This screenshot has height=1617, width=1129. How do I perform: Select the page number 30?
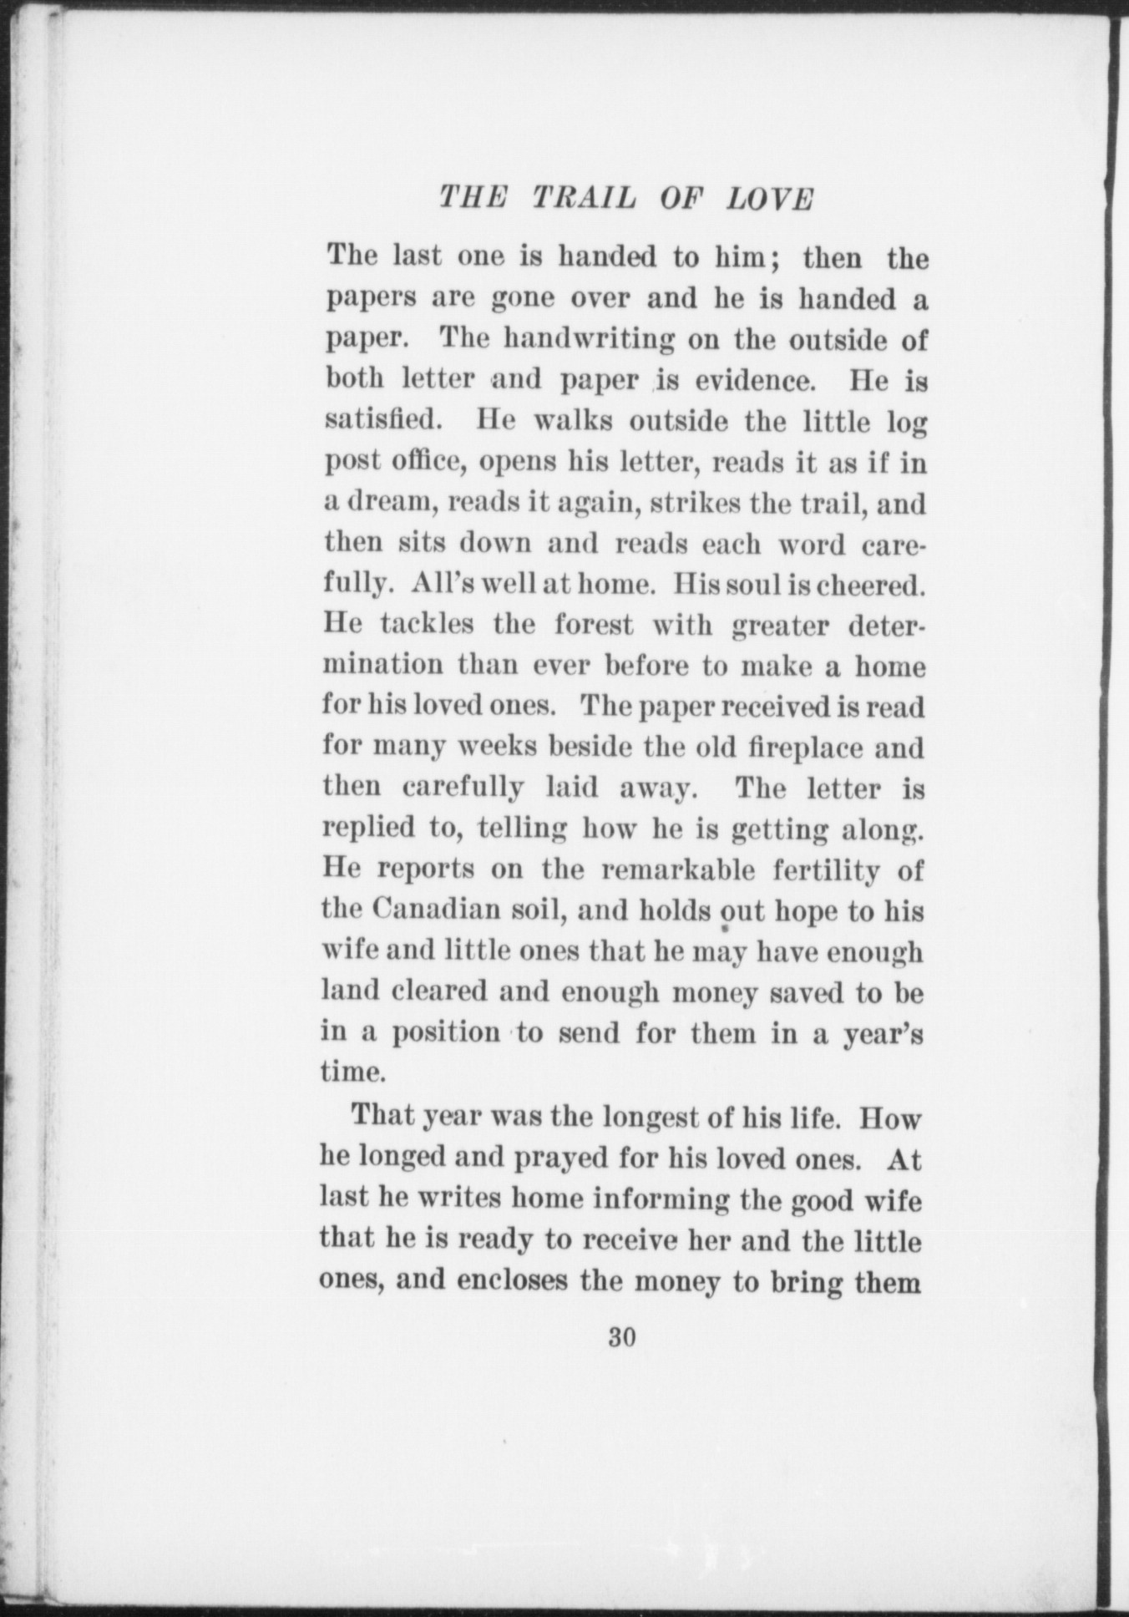pos(623,1337)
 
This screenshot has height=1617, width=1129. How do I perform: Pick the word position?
pos(447,1033)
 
